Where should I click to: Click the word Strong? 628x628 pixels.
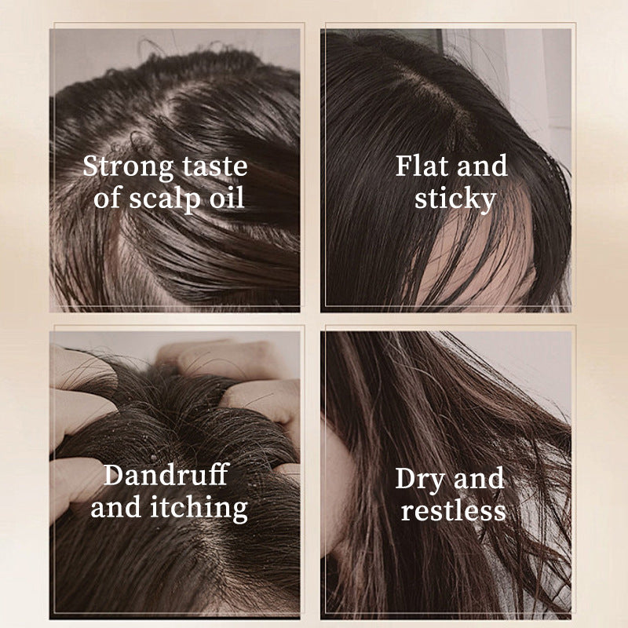[x=128, y=167]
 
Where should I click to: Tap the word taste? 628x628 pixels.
[x=215, y=166]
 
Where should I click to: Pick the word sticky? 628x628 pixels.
[x=455, y=199]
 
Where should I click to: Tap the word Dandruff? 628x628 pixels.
[x=166, y=474]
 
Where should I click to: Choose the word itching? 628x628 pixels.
[x=199, y=508]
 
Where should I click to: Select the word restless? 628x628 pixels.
[x=454, y=510]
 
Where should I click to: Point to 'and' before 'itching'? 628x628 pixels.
[x=116, y=507]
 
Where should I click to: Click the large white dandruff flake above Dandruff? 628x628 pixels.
[x=154, y=458]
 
